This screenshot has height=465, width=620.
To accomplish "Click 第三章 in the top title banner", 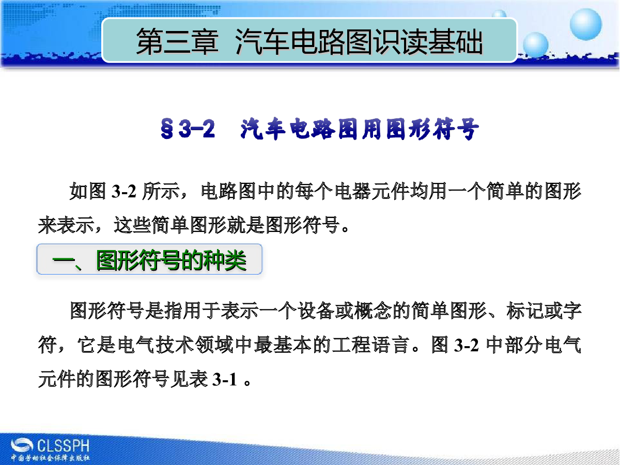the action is (x=177, y=41).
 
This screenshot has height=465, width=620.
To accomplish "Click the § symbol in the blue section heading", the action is (x=167, y=129).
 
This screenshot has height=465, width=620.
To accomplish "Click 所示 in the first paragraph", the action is (x=161, y=191).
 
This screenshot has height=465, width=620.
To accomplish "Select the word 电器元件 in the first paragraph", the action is (x=371, y=191).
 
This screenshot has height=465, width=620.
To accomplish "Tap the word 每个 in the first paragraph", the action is (x=314, y=191).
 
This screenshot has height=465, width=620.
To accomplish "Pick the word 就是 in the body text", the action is (x=246, y=225).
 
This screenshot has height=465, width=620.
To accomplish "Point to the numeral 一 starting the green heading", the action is (x=63, y=260).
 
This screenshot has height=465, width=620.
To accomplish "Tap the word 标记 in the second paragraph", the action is (x=524, y=311).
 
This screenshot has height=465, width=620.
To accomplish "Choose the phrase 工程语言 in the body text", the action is (x=370, y=345).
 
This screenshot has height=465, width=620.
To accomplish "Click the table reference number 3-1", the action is (x=224, y=379).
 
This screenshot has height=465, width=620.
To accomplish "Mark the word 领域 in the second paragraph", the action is (x=214, y=345).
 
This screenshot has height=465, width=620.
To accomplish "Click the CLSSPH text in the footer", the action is (x=64, y=446).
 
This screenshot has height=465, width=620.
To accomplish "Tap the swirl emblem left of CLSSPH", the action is (x=22, y=445).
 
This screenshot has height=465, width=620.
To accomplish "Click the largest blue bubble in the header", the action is (x=586, y=24).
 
